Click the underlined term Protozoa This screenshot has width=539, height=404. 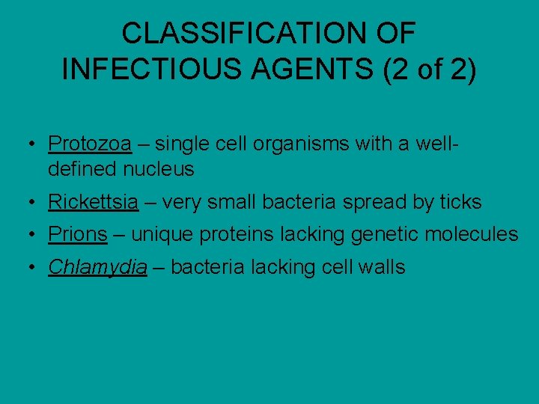(x=90, y=143)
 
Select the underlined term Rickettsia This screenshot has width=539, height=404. (x=93, y=202)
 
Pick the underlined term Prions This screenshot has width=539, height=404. (x=78, y=234)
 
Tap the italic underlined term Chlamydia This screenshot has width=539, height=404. (x=97, y=267)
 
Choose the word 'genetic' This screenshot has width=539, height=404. (x=383, y=234)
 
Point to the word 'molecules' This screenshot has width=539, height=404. (x=472, y=234)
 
